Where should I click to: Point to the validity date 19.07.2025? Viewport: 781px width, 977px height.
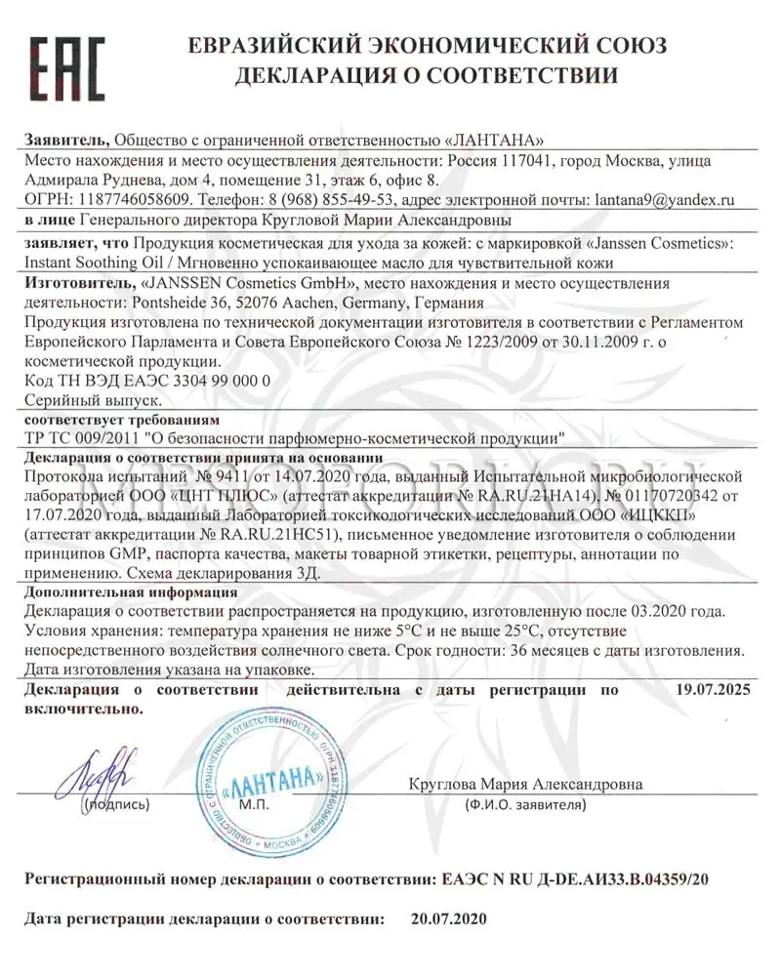(713, 690)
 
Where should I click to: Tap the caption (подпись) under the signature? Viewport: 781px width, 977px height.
(116, 806)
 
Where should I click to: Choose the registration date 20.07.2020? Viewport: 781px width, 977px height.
(448, 919)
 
